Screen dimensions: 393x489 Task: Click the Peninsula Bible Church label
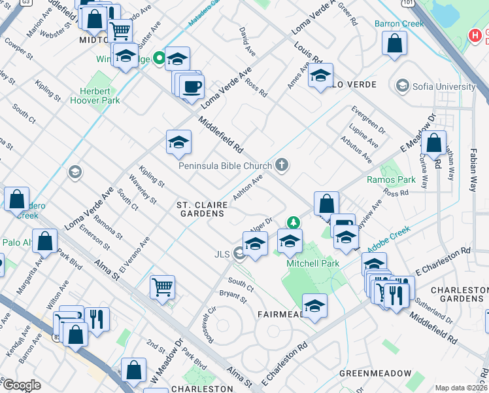coord(226,165)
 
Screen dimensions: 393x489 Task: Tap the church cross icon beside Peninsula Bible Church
coord(282,164)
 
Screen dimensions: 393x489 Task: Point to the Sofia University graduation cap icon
coord(402,86)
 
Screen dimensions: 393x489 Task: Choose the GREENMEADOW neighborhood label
coord(375,373)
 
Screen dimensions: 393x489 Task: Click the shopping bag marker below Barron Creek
coord(394,45)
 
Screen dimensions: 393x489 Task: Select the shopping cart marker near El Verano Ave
coord(162,286)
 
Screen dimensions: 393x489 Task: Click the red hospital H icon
coord(475,35)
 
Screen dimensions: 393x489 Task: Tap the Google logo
coord(22,385)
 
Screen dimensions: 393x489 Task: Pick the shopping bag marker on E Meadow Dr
coord(433,143)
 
